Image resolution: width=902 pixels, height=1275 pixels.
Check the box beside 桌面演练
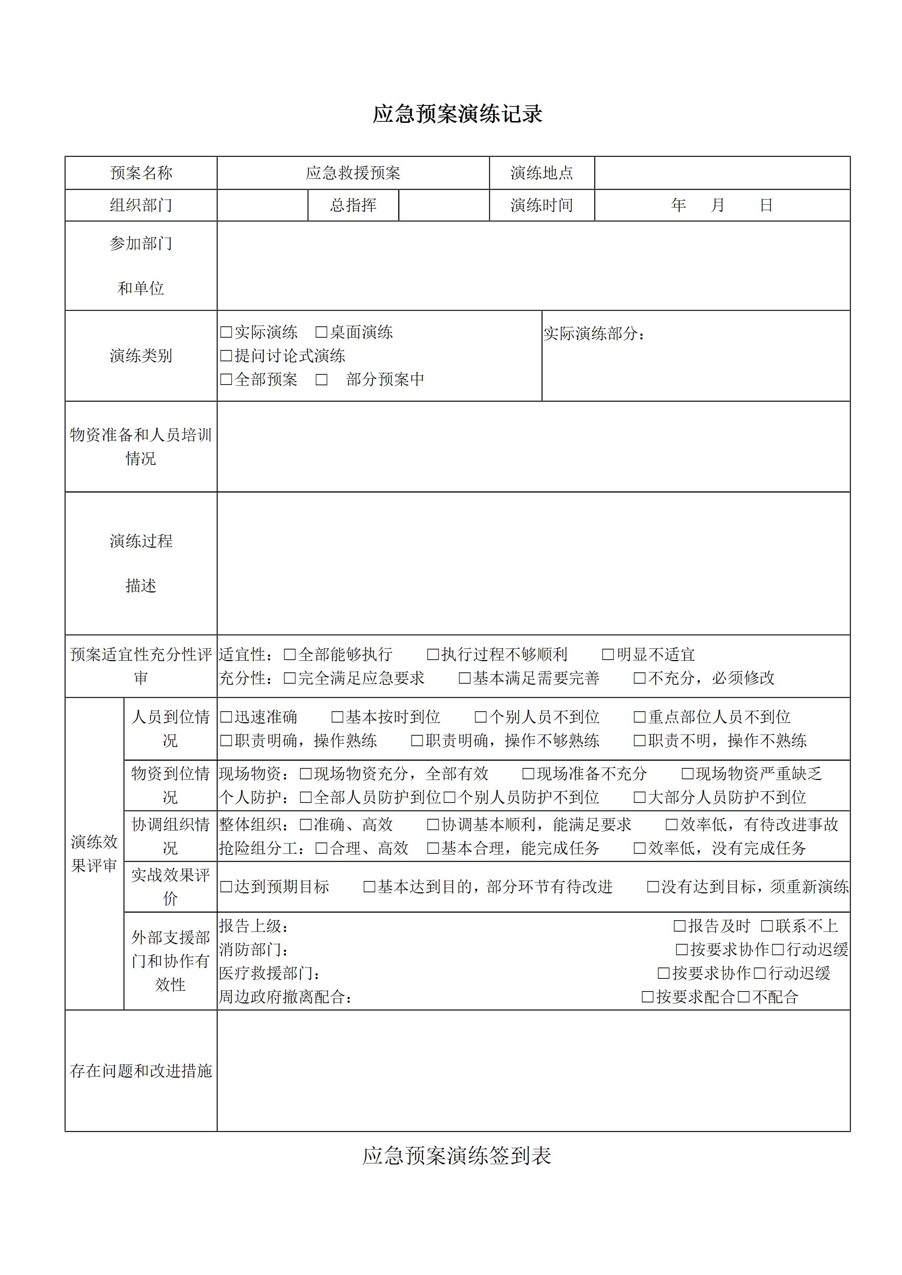tap(321, 332)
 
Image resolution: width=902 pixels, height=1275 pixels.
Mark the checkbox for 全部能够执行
tap(290, 654)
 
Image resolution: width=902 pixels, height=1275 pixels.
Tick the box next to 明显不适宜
tap(608, 654)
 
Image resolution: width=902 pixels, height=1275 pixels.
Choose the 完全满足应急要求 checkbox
tap(290, 678)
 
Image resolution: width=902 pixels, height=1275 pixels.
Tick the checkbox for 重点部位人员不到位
tap(640, 717)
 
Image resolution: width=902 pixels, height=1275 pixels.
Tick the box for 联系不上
tap(767, 926)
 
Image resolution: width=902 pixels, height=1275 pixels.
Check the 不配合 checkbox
tap(744, 997)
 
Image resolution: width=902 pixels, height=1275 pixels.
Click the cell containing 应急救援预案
tap(353, 173)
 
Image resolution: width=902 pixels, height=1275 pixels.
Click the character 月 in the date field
tap(718, 205)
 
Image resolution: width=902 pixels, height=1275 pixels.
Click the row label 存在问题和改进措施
tap(141, 1071)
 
